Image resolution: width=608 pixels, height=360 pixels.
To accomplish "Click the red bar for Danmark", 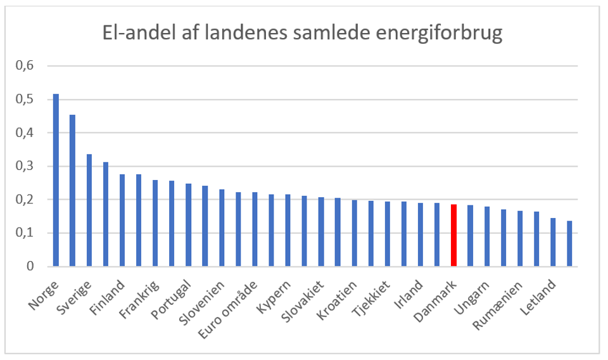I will [x=453, y=235].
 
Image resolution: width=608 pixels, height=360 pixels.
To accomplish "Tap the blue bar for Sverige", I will [x=89, y=210].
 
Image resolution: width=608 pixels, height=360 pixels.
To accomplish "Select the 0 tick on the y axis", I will [x=28, y=267].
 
